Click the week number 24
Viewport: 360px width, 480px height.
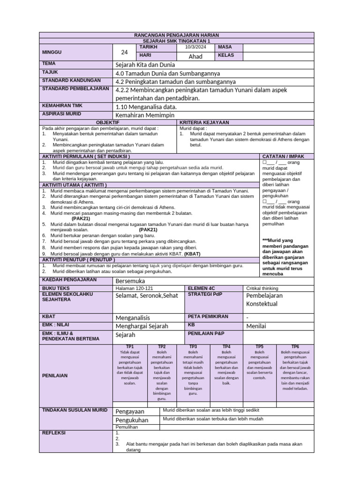click(x=124, y=52)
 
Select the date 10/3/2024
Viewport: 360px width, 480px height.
click(x=195, y=47)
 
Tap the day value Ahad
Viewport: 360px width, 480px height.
click(x=195, y=56)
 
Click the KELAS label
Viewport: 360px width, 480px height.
click(x=226, y=56)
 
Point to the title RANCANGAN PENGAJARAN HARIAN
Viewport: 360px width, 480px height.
click(x=176, y=36)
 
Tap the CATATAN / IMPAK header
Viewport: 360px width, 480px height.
click(x=282, y=156)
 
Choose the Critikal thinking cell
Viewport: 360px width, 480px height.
click(x=262, y=288)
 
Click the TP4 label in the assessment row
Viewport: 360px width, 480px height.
click(x=226, y=346)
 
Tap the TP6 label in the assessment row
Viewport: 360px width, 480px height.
click(x=295, y=346)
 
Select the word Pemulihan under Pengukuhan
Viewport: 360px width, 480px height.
click(x=127, y=427)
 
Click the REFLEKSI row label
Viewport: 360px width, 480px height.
click(x=54, y=433)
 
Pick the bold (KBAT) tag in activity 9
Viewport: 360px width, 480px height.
click(x=192, y=254)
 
